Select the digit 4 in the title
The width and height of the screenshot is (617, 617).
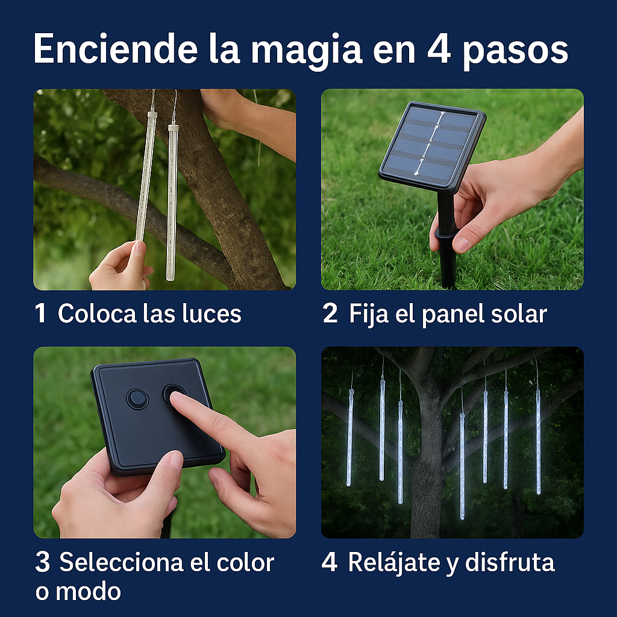(x=439, y=51)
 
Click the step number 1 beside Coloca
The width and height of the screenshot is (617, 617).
(x=40, y=314)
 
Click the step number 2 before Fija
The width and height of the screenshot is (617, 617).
(x=330, y=314)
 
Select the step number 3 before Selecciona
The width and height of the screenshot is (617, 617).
(x=42, y=563)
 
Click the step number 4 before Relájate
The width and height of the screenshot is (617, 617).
(x=329, y=563)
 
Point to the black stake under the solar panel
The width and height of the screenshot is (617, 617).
(x=446, y=253)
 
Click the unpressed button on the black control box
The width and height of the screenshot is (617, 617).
(x=137, y=398)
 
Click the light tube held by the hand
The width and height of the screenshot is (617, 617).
(x=143, y=181)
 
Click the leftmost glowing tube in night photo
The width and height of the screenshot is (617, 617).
(x=349, y=437)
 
